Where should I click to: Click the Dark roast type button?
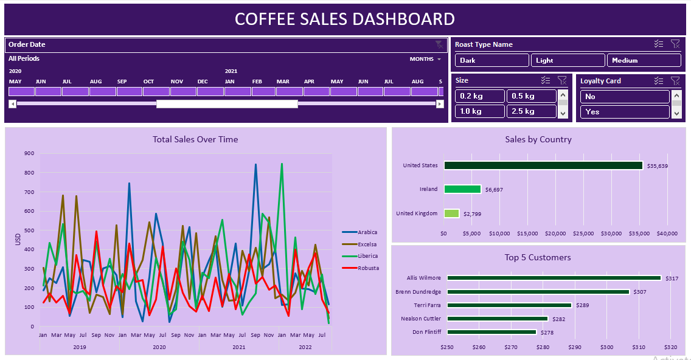coord(491,60)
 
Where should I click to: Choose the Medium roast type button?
coord(644,60)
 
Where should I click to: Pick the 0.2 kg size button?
coord(480,96)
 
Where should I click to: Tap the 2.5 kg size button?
coord(531,111)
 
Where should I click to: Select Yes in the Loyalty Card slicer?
coord(624,112)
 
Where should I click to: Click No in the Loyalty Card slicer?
coord(624,97)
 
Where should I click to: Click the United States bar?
coord(543,165)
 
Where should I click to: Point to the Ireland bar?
coord(462,189)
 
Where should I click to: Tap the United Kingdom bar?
coord(451,213)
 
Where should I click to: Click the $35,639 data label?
coord(657,166)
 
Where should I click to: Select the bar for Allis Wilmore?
coord(554,278)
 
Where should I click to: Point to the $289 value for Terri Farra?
coord(582,305)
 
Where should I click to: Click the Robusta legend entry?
coord(367,268)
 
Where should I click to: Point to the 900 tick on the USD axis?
coord(29,153)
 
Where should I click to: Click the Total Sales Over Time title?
coord(195,139)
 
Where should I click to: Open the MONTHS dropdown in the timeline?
coord(425,59)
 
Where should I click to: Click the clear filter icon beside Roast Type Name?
coord(675,44)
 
